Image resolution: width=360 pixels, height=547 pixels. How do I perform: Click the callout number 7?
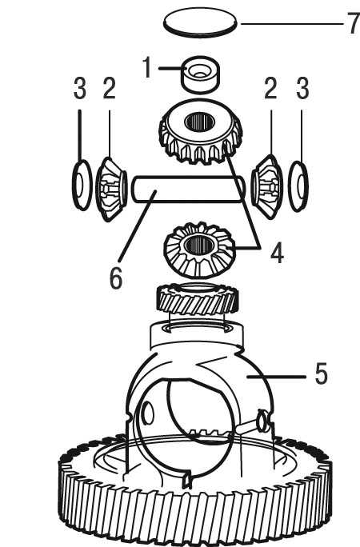coord(353,23)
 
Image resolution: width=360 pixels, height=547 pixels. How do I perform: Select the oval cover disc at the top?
coord(200,22)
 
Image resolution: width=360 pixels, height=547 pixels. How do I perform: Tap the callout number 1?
coord(147,67)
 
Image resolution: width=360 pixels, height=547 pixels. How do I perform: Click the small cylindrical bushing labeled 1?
coord(200,74)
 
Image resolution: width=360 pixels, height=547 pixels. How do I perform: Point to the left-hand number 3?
coord(80,88)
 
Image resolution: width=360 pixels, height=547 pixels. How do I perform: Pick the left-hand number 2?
coord(109,88)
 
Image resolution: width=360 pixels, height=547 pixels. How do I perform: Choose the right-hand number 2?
coord(270,88)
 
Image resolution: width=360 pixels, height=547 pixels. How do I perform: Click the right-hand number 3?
coord(302,88)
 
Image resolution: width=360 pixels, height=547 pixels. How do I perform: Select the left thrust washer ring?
coord(82,186)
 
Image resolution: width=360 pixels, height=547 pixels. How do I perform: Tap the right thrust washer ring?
coord(298,186)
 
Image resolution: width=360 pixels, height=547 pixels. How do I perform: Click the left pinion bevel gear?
coord(111,189)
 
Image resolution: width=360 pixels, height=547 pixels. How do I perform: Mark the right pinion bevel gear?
coord(267,186)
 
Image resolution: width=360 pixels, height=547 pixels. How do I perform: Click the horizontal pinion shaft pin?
coord(188,189)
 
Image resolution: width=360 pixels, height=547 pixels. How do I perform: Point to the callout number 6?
coord(116,278)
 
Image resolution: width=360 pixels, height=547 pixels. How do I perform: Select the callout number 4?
coord(277,253)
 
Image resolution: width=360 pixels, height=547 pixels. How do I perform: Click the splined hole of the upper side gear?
coord(199,121)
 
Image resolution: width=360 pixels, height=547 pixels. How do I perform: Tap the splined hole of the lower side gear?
coord(198,245)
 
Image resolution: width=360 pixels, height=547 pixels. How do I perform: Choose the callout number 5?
coord(322,373)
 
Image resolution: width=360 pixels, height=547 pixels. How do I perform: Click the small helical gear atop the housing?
coord(198,298)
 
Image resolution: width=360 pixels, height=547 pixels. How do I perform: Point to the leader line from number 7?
coord(292,24)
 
